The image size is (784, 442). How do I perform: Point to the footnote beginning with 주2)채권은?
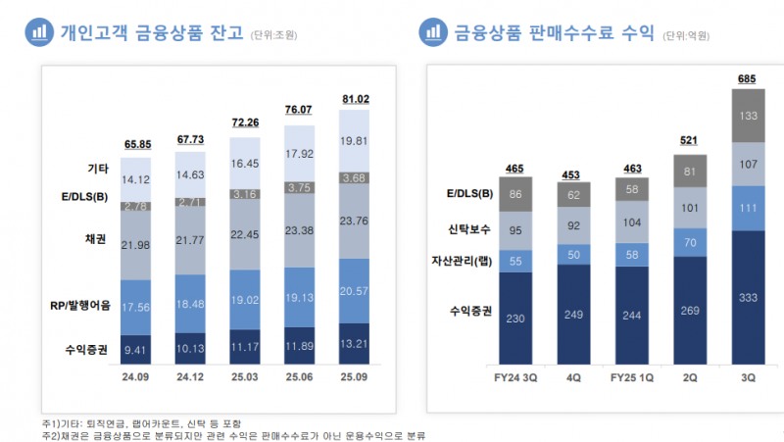point(235,434)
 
